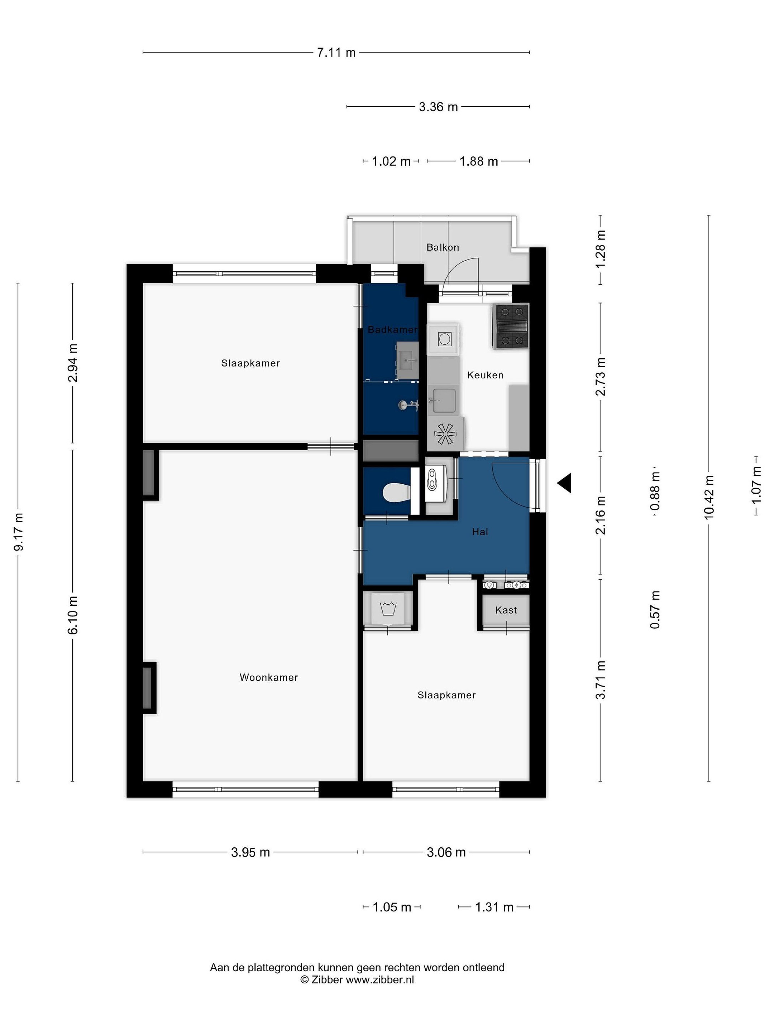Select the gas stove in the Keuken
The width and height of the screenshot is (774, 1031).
pos(510,326)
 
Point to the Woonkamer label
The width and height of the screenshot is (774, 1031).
pos(269,677)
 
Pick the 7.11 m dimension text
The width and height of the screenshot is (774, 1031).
pos(336,53)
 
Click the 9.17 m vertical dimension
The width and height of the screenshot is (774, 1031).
pos(19,532)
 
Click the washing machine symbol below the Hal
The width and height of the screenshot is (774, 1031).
pos(388,608)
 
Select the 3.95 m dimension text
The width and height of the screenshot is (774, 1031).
pos(250,852)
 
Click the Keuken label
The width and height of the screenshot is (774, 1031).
pos(485,375)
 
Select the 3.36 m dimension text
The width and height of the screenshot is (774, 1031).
pos(438,107)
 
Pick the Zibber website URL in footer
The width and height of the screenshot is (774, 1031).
pos(380,979)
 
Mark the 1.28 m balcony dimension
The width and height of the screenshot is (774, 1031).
pos(601,248)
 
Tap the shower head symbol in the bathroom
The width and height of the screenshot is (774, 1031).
pos(408,406)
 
